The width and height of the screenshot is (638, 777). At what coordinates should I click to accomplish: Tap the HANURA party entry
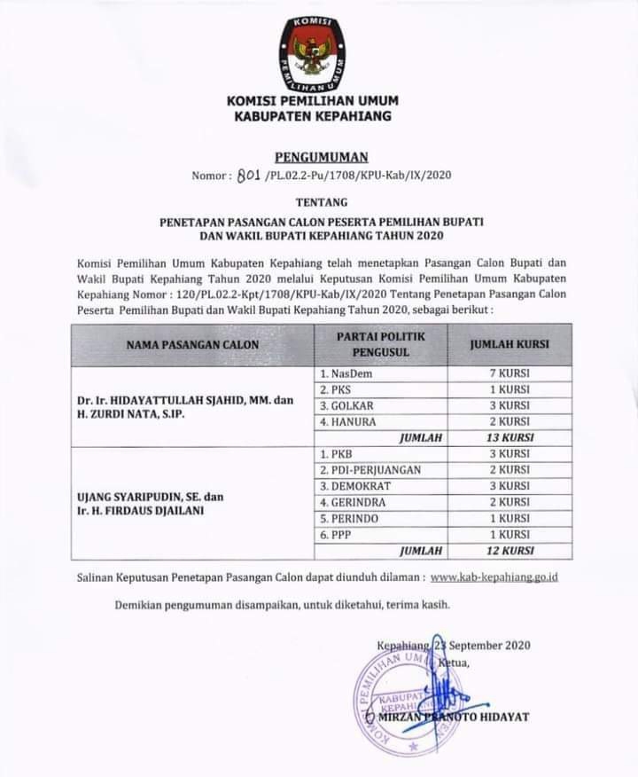348,421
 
